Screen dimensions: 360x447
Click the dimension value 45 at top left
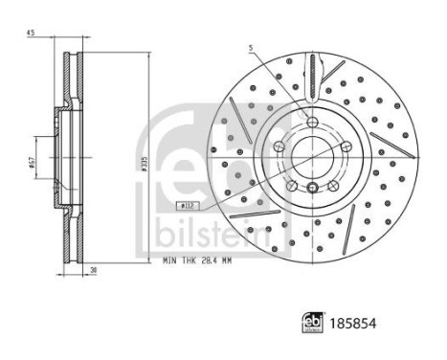(x=32, y=35)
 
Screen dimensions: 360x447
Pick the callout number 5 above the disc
(x=247, y=47)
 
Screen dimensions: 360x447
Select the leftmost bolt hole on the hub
(x=278, y=146)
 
